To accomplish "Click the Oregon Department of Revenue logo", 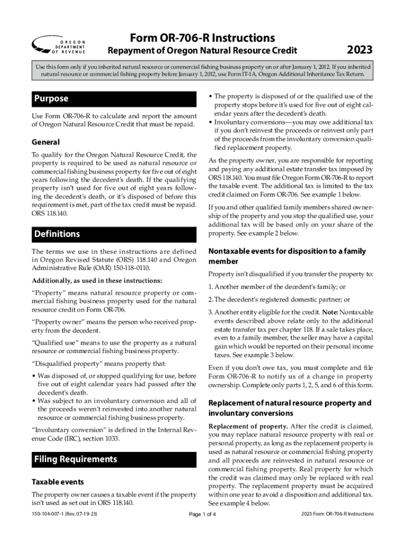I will point(59,46).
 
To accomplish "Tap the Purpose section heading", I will point(51,99).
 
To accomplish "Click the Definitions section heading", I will point(57,234).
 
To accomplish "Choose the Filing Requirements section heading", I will point(76,459).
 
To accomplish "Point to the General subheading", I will point(46,142).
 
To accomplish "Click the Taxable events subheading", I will point(58,482).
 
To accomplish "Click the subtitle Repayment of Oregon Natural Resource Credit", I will point(202,51).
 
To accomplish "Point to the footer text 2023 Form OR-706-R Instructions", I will point(337,514).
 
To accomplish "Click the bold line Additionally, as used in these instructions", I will point(97,280).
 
